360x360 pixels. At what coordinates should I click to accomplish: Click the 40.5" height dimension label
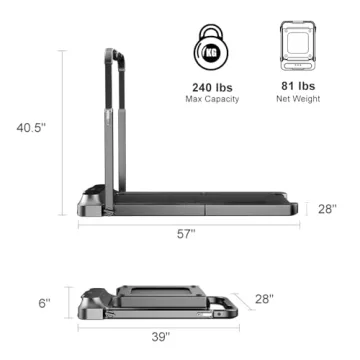(30, 127)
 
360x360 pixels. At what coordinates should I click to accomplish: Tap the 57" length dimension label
(185, 233)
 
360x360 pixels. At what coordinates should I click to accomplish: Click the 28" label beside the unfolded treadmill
(327, 209)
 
